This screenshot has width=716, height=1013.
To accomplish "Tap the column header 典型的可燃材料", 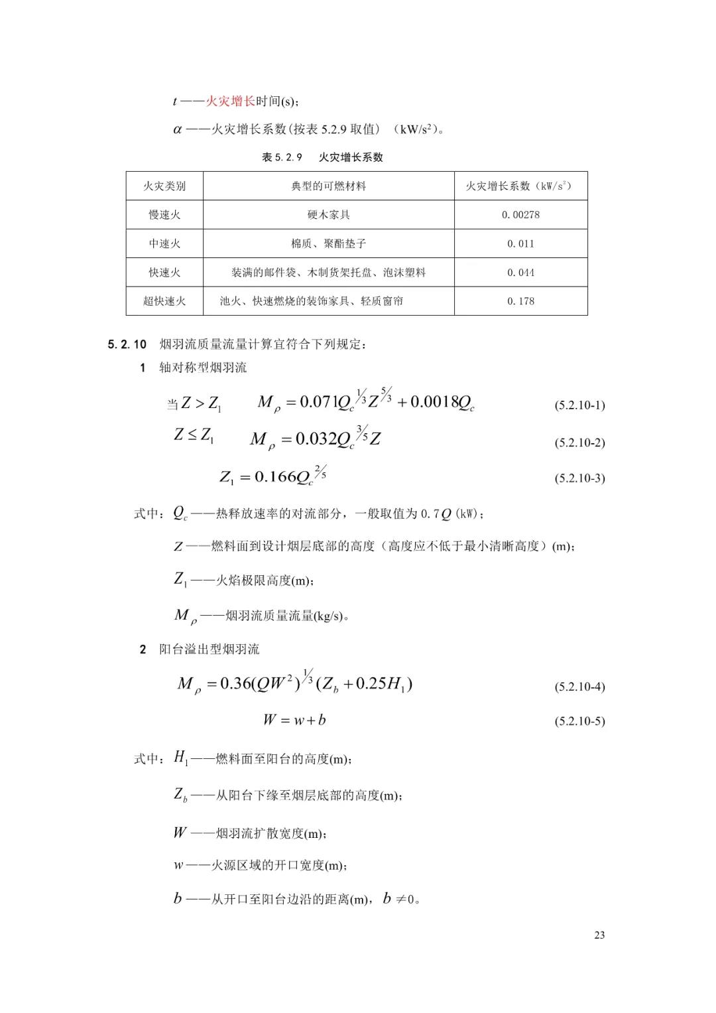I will pos(328,186).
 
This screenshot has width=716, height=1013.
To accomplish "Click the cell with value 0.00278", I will pos(520,215).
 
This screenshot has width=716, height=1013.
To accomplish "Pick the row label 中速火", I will pos(164,243).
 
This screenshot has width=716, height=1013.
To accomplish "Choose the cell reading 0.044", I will pos(520,273).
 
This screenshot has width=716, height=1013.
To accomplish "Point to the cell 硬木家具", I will pos(328,215).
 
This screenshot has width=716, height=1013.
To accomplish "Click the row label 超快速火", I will pos(164,301).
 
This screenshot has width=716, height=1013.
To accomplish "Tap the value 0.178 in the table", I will pos(520,301).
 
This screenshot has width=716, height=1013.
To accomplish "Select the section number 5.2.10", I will pos(127,344).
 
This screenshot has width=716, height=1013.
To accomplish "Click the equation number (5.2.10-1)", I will pos(579,405).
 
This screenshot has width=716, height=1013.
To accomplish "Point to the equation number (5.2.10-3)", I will pos(579,478).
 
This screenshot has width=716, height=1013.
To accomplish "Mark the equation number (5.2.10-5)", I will pos(579,721).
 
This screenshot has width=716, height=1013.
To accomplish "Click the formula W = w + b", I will pos(294,720).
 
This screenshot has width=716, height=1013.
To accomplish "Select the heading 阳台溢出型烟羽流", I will pos(209,649).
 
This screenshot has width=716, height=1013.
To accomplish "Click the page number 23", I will pos(599,935).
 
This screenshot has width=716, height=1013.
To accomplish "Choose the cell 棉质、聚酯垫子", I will pos(328,243).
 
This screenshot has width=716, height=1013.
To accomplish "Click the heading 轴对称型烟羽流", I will pos(203,368).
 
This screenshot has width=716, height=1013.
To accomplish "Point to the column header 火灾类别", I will pos(164,186).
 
